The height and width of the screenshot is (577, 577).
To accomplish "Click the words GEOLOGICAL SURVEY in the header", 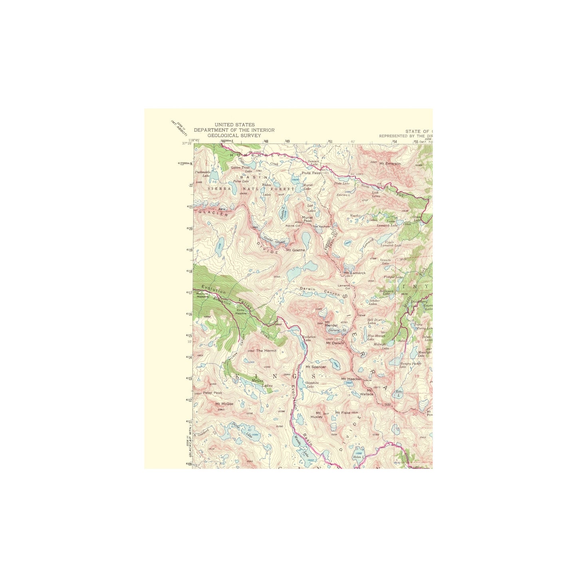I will (234, 135).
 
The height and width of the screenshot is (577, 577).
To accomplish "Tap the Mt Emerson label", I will (390, 163).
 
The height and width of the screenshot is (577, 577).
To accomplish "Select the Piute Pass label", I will (311, 173).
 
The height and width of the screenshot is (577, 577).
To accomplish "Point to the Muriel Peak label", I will (307, 219).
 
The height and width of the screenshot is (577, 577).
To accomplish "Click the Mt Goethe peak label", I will (295, 250).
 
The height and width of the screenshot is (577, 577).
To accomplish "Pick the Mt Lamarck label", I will (355, 273).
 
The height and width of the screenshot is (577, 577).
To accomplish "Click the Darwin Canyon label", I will (320, 291).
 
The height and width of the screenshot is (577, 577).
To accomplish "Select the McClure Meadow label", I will (202, 295).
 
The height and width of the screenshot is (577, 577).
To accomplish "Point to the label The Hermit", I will (266, 351).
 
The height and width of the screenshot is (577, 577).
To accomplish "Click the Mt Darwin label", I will (335, 343).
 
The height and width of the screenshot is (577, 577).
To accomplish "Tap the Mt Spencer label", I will (315, 367).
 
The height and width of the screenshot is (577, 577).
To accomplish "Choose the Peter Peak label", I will (212, 393).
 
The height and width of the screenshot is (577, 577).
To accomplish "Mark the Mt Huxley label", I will (316, 415).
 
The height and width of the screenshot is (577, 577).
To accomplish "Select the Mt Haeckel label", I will (351, 379).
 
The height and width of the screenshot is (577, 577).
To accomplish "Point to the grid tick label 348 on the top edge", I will (266, 141).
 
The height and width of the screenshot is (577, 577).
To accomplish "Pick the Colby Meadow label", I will (241, 311).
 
